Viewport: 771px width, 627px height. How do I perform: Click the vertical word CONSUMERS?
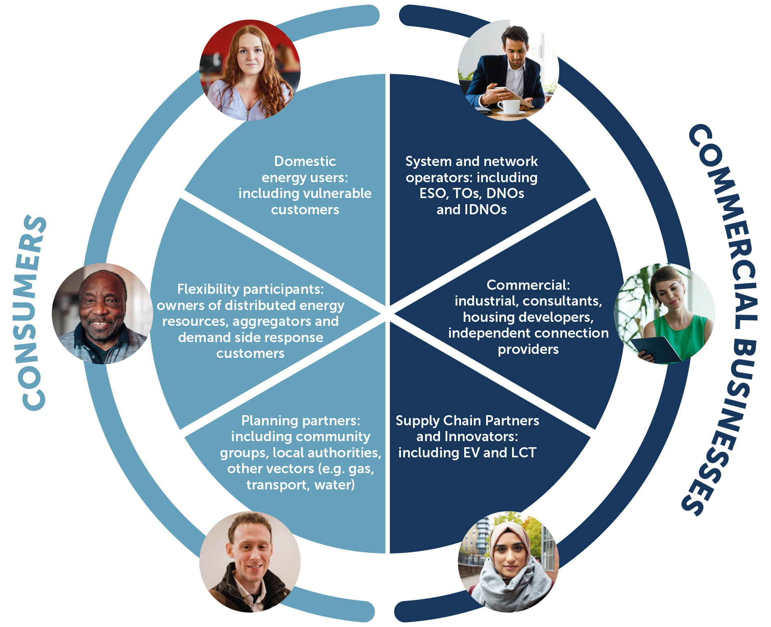[33, 312]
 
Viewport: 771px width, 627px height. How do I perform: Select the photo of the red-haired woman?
[250, 70]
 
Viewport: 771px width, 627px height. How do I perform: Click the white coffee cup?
[508, 106]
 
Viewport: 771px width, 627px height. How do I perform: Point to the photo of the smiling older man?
[102, 313]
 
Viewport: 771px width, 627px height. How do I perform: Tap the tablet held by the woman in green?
[657, 349]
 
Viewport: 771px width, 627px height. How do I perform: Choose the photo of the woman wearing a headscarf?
[508, 562]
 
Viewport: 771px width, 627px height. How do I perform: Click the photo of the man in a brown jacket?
[250, 562]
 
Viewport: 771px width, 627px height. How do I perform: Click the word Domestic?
[305, 162]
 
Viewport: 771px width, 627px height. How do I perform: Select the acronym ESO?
[433, 194]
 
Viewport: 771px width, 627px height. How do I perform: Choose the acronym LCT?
[524, 453]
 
